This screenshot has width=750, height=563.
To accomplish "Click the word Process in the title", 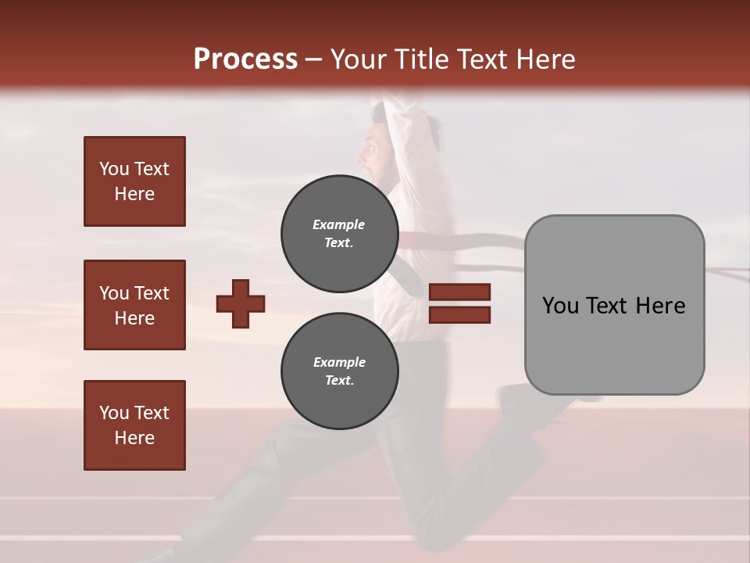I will (245, 59).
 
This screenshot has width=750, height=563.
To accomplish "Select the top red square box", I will (134, 181).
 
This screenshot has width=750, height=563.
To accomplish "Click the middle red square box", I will (134, 305).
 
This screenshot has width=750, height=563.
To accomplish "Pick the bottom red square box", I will (134, 425).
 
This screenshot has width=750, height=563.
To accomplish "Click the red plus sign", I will (241, 303).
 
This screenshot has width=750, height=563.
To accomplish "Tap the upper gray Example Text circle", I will (339, 233).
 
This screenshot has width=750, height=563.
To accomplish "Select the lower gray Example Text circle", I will (339, 371).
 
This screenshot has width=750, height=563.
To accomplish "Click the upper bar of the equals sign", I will (459, 292).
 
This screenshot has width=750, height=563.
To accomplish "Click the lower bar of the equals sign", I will (459, 315).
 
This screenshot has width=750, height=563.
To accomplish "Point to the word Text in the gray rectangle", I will (614, 306).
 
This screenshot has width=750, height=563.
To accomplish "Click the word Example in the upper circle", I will (339, 224).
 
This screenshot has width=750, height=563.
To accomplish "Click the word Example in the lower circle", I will (339, 362).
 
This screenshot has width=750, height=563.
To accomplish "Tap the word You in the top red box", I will (114, 169).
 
